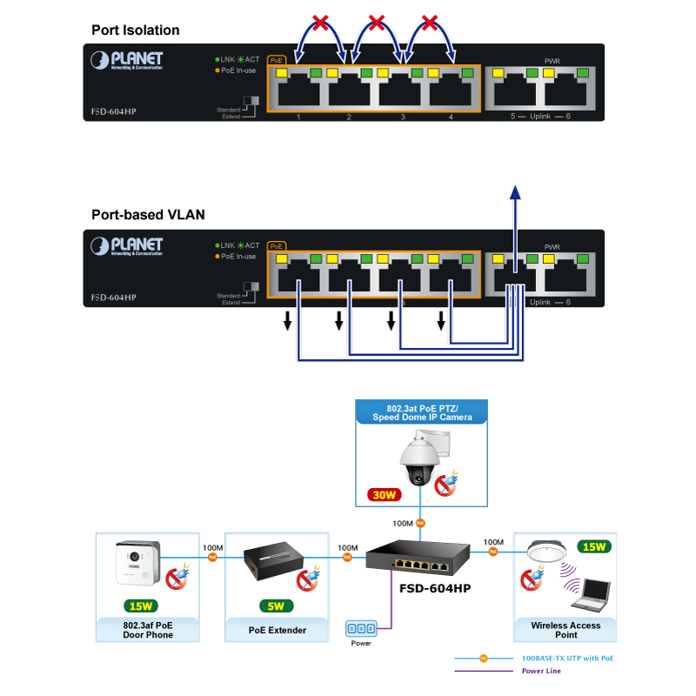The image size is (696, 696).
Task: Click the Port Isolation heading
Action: (136, 30)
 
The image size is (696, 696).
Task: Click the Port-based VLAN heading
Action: (148, 215)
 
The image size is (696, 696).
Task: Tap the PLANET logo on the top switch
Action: (127, 60)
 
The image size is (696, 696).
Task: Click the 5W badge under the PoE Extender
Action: (276, 606)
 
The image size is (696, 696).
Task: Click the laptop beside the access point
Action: (590, 594)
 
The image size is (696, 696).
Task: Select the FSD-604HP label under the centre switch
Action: (434, 589)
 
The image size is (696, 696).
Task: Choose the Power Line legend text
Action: (541, 671)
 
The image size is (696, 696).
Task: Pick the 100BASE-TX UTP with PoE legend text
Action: (567, 659)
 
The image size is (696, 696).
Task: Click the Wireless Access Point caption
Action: (565, 630)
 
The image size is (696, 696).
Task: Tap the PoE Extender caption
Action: (278, 630)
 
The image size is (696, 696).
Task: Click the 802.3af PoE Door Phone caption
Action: (148, 630)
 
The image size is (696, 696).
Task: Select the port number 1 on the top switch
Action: (298, 117)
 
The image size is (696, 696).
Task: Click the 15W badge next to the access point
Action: (595, 547)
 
